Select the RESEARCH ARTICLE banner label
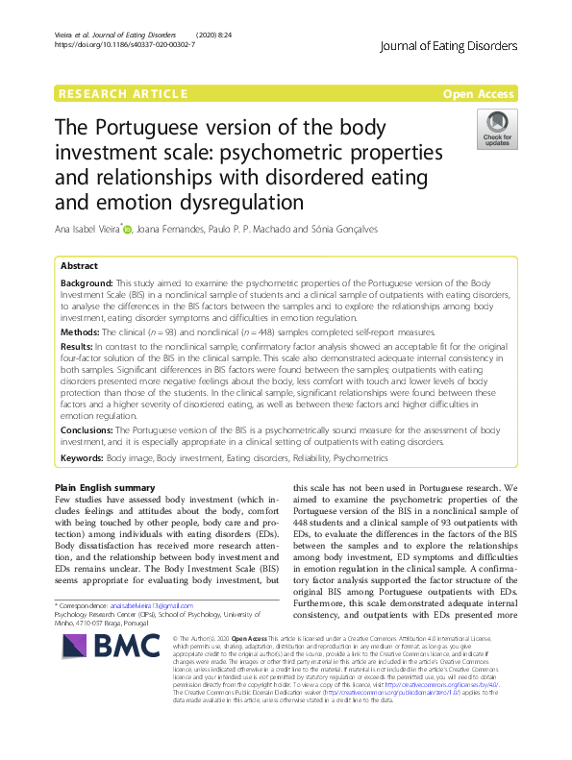pos(123,93)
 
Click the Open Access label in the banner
pos(480,93)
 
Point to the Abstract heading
pos(79,265)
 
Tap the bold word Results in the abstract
pos(78,344)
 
